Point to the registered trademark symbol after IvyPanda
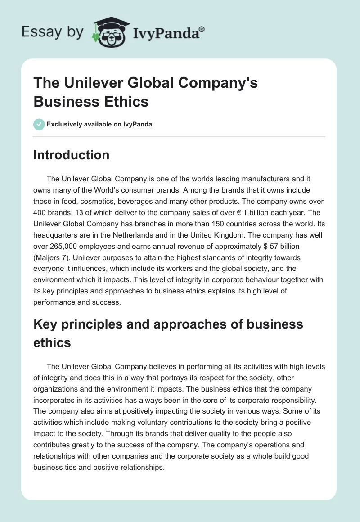click(x=202, y=28)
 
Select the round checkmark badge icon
click(x=39, y=124)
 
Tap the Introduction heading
click(x=71, y=155)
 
